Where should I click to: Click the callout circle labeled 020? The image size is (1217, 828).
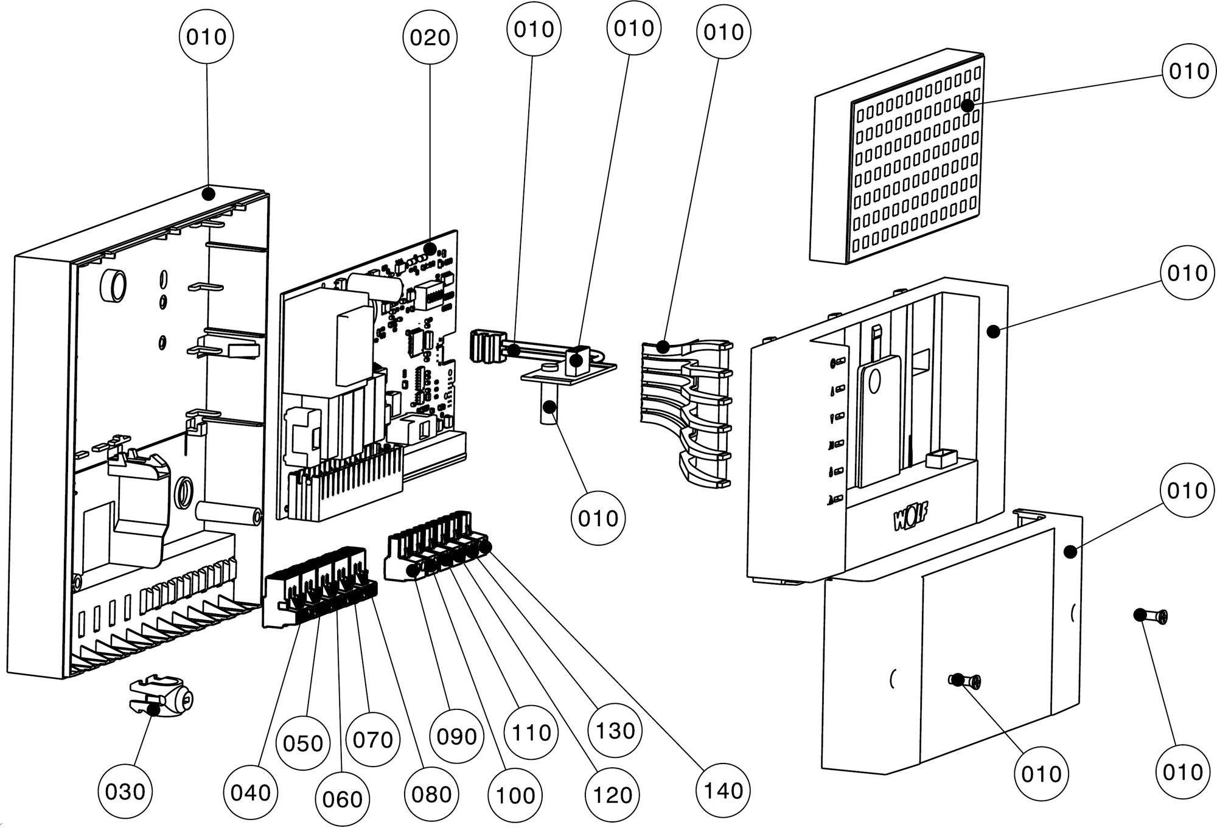[430, 38]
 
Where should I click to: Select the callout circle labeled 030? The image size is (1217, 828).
[125, 791]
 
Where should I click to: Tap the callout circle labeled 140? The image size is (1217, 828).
[723, 790]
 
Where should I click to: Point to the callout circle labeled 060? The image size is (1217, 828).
[343, 799]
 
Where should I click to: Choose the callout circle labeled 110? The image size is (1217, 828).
[532, 732]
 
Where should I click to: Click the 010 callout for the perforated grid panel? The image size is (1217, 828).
[1188, 71]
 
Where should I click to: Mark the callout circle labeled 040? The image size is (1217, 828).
[251, 792]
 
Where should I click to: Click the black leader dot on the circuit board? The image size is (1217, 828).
[430, 249]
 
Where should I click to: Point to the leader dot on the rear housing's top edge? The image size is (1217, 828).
[208, 194]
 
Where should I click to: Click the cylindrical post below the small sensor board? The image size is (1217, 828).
[549, 410]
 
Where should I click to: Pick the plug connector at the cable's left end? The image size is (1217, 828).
[488, 347]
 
